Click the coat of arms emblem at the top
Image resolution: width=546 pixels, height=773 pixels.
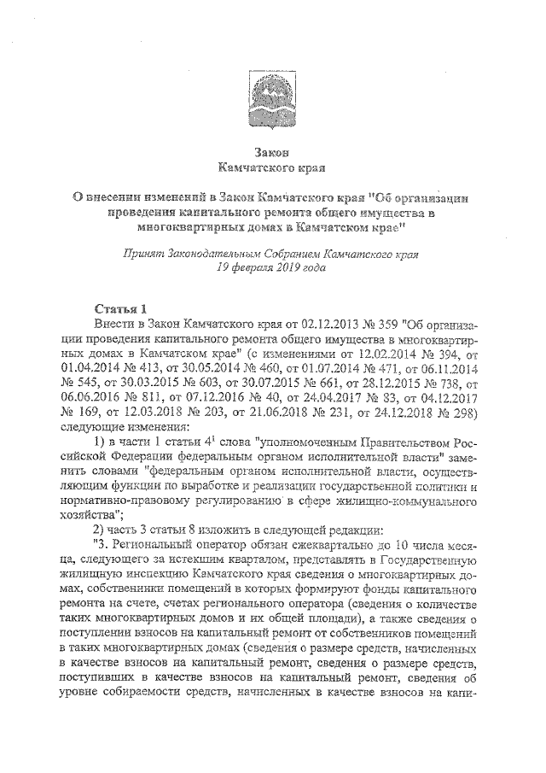pos(272,93)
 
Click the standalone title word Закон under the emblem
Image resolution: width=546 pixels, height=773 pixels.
pos(272,151)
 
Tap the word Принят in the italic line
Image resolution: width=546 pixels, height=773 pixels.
pos(143,254)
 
